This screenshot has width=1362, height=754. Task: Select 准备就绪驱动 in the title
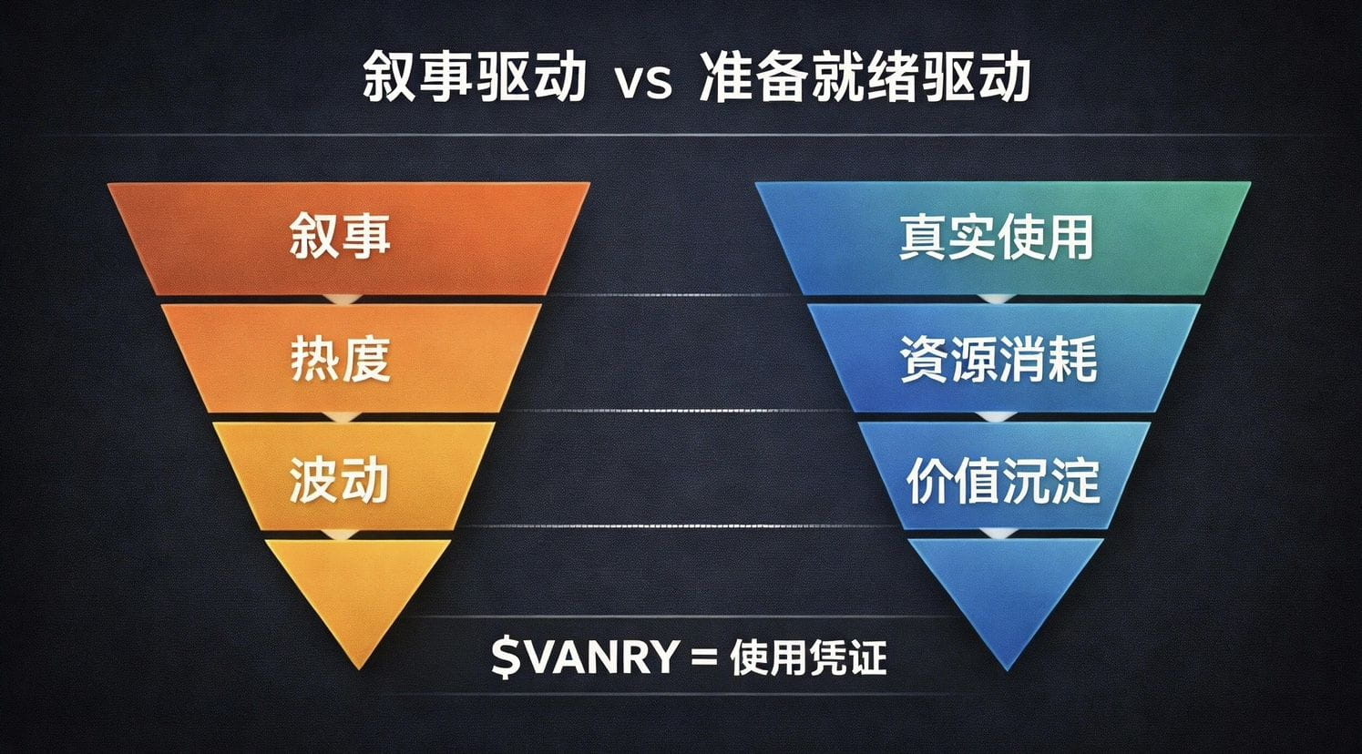[865, 77]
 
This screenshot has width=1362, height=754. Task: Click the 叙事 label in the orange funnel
[340, 236]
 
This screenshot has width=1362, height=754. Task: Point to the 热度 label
[340, 358]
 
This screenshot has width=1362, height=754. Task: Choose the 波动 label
[340, 478]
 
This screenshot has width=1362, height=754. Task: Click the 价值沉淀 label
[1002, 480]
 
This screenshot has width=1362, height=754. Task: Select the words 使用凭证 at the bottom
[808, 657]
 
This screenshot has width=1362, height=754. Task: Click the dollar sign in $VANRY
[505, 657]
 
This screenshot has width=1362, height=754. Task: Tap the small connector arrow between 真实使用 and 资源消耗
[1000, 300]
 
